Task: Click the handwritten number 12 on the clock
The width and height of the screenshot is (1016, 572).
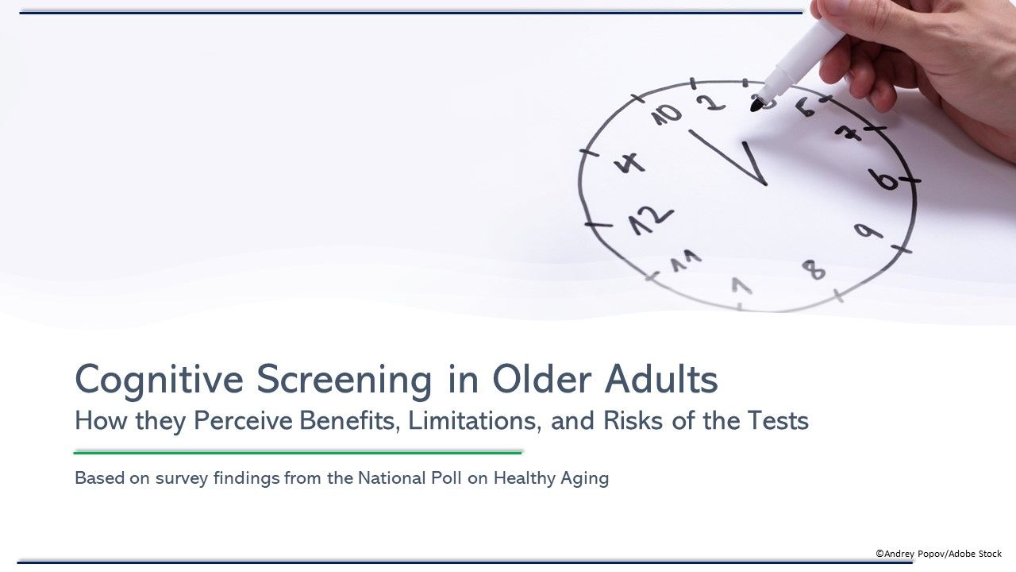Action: [651, 221]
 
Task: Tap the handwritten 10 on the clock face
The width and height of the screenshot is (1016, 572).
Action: [667, 115]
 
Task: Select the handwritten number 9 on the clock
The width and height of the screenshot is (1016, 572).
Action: [868, 231]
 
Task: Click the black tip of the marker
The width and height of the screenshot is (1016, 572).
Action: [757, 103]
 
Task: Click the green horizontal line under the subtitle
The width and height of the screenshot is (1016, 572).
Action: [298, 452]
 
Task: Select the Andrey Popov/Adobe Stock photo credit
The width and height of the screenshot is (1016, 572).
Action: [938, 553]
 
